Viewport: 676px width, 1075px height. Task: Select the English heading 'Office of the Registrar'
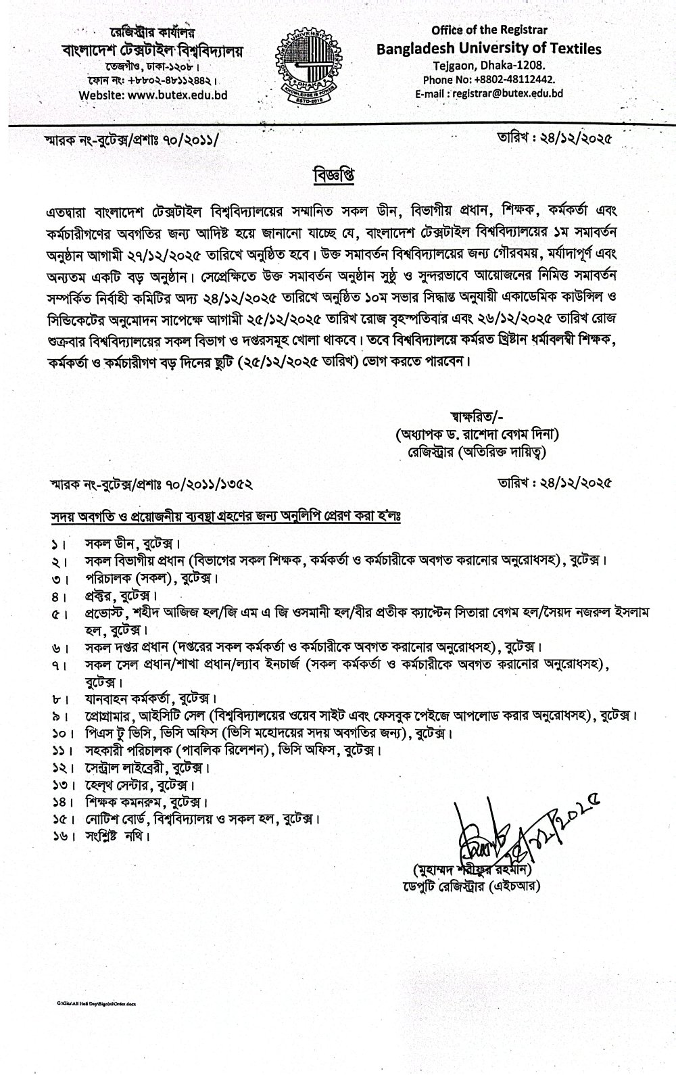pos(489,30)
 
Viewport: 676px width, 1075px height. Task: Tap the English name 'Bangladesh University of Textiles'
pos(489,48)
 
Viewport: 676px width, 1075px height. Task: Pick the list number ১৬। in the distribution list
pos(59,836)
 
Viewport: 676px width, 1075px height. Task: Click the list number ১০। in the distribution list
pos(59,733)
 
